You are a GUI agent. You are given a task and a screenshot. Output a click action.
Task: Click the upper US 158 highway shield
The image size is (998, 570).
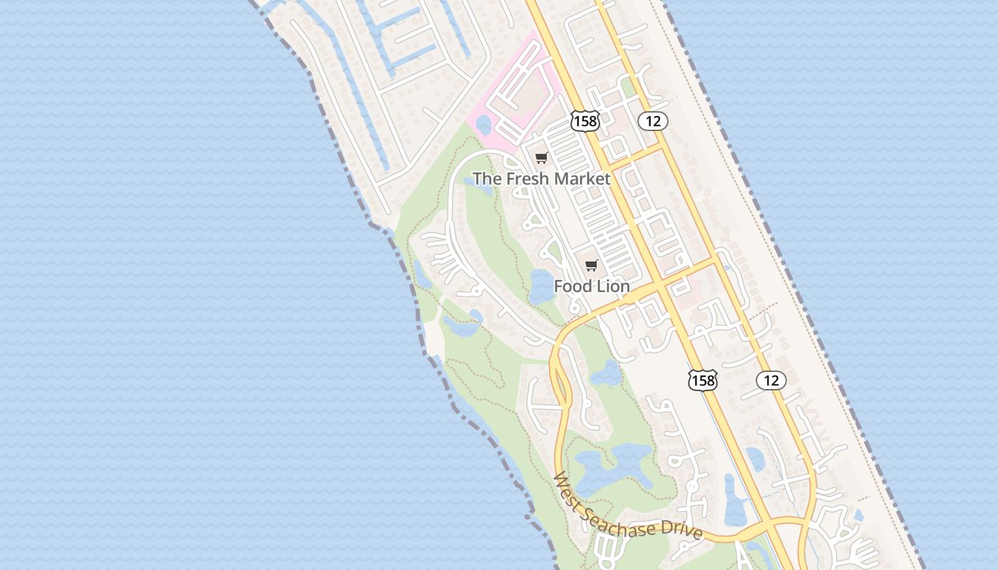pyautogui.click(x=585, y=121)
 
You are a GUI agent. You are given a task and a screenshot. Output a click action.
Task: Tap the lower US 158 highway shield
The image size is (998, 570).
pyautogui.click(x=702, y=380)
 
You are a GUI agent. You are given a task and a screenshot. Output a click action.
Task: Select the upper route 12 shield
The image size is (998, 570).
pyautogui.click(x=653, y=121)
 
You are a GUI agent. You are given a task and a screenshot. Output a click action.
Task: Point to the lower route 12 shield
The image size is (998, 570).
pyautogui.click(x=771, y=380)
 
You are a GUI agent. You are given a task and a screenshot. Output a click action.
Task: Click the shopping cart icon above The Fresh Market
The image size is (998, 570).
pyautogui.click(x=541, y=158)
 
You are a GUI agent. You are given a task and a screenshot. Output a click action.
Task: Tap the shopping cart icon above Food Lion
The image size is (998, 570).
pyautogui.click(x=590, y=266)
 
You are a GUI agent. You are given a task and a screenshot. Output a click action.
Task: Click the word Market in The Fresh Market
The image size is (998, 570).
pyautogui.click(x=582, y=179)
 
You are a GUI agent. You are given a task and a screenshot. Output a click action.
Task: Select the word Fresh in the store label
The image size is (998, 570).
pyautogui.click(x=528, y=179)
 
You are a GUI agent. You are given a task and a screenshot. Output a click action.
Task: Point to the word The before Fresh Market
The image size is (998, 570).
pyautogui.click(x=487, y=179)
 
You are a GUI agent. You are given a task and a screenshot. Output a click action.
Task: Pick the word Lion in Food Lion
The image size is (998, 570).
pyautogui.click(x=612, y=286)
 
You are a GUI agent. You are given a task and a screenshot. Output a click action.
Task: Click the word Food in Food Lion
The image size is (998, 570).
pyautogui.click(x=572, y=286)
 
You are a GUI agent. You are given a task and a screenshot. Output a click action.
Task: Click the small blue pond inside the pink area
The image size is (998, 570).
pyautogui.click(x=483, y=125)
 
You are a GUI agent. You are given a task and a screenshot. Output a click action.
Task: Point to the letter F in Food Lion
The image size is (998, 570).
pyautogui.click(x=559, y=286)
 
